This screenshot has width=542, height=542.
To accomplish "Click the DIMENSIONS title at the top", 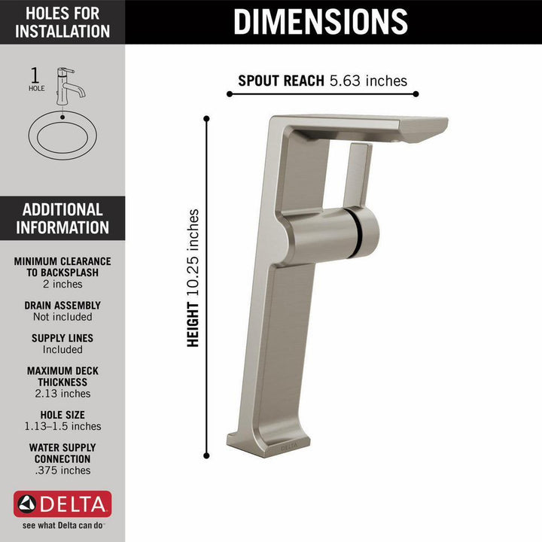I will [321, 21].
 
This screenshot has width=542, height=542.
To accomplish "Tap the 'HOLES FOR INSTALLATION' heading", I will [62, 22].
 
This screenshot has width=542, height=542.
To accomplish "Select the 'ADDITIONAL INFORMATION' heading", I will [62, 219].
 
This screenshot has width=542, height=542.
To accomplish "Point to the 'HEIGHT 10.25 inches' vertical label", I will [194, 278].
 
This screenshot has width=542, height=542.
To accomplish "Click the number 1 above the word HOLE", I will [35, 75].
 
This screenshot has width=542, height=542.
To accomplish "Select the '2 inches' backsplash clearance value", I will [62, 285].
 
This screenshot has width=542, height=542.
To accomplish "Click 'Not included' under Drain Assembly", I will [62, 317].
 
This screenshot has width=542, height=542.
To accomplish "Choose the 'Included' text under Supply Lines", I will [62, 349].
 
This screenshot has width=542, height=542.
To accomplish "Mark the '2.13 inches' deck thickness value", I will [62, 393].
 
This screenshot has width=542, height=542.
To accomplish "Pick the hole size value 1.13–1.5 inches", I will [62, 426].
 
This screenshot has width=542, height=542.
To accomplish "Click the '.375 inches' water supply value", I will [62, 470].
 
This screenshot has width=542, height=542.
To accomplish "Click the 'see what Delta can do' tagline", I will [62, 525].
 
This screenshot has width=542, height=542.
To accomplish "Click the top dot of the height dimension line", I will [207, 117].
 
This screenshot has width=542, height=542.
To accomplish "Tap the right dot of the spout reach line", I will [416, 94].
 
